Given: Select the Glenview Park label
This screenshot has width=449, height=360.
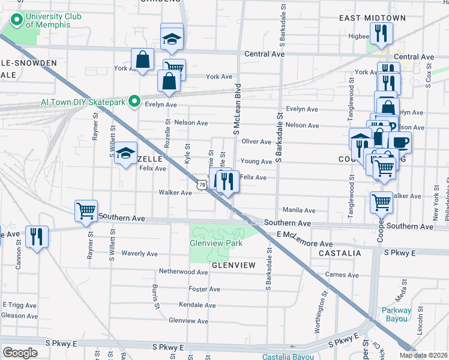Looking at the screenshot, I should click(x=216, y=243).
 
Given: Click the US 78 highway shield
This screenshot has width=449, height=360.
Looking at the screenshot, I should click(x=202, y=185).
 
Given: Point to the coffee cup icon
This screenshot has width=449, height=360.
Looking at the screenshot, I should click(x=400, y=143).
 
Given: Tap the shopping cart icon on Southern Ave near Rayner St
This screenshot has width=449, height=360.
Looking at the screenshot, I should click(x=86, y=211).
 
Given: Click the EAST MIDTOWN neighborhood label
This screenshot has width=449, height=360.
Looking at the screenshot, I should click(x=372, y=18).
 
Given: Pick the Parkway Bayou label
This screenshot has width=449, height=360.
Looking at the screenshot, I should click(x=397, y=314).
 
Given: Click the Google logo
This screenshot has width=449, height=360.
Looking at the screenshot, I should click(x=20, y=353).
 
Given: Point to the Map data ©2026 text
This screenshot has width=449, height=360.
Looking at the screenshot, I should click(x=424, y=356).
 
